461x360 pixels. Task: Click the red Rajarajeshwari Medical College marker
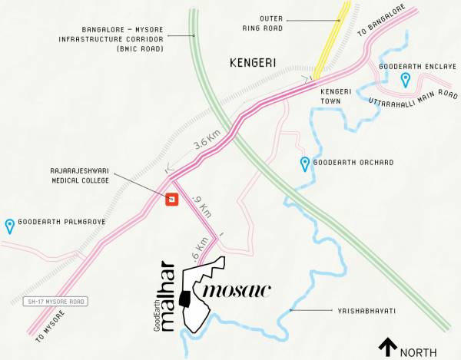[x=173, y=200]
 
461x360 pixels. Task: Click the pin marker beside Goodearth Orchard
[x=305, y=163]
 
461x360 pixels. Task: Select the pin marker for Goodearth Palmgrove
[x=9, y=226]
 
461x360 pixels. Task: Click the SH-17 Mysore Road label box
[x=53, y=300]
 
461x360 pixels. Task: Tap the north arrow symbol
[x=388, y=348]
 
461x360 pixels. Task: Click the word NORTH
[x=419, y=352]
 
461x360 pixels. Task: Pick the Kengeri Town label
[x=336, y=96]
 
